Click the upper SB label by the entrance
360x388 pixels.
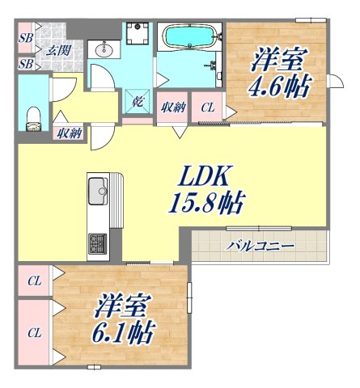pyautogui.click(x=26, y=37)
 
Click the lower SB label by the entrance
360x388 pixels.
pyautogui.click(x=26, y=62)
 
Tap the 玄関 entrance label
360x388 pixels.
pyautogui.click(x=57, y=51)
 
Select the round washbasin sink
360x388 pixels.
pyautogui.click(x=104, y=51)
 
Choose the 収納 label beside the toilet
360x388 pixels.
pyautogui.click(x=68, y=134)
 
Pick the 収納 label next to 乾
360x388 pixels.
pyautogui.click(x=172, y=106)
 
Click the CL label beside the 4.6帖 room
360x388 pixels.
pyautogui.click(x=208, y=107)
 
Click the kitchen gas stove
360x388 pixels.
pyautogui.click(x=98, y=241)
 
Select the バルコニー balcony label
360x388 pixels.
pyautogui.click(x=260, y=245)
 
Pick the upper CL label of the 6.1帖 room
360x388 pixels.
pyautogui.click(x=34, y=281)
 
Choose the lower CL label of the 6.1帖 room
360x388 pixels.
pyautogui.click(x=34, y=331)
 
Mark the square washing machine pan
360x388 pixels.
pyautogui.click(x=137, y=36)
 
